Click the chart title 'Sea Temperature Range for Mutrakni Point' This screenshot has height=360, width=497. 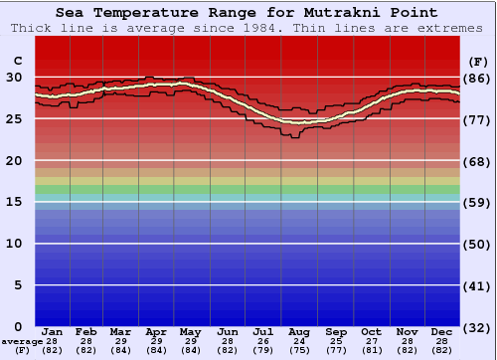coord(246,13)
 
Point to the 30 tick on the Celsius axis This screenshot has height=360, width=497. coord(13,77)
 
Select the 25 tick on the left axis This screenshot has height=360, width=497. coord(13,118)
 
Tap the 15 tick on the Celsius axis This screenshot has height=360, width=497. coord(13,202)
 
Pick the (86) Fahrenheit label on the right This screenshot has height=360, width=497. coord(476,77)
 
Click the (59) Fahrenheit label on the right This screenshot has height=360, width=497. coord(476,202)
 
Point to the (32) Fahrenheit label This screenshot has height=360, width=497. coord(476,326)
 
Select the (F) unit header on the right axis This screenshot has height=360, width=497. coord(476,61)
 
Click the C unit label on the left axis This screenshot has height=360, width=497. coord(15,61)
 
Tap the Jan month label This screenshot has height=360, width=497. coord(53,331)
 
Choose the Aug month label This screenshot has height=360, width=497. coord(298,331)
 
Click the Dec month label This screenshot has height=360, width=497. coord(442,331)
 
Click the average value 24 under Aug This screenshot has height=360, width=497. coord(298,341)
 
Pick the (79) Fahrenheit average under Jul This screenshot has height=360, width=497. coord(263,350)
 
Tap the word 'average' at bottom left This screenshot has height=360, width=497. coord(21,341)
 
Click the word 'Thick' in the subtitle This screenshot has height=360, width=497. coord(32,28)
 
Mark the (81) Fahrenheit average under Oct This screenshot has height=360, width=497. coord(370,350)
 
